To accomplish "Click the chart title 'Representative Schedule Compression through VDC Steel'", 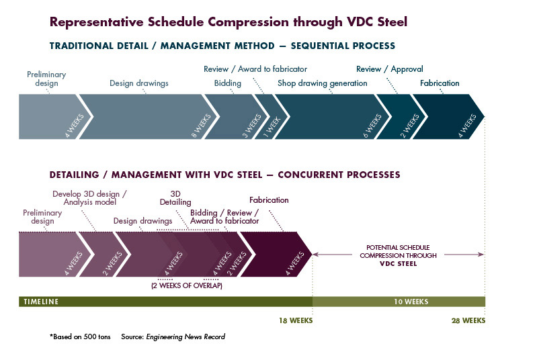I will click(229, 22).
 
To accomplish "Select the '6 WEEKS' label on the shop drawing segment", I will click(374, 125).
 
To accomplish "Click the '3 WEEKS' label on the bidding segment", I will click(252, 125).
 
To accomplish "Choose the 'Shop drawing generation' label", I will click(323, 83).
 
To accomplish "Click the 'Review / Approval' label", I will click(390, 69).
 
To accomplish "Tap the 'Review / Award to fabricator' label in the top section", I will click(255, 69).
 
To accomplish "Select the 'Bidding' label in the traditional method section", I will click(227, 83).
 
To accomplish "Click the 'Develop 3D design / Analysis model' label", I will click(89, 197).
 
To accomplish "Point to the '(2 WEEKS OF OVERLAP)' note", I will click(186, 285).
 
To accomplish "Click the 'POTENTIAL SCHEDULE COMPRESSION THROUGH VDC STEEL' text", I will click(398, 255).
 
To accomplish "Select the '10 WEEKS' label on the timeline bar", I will click(411, 302).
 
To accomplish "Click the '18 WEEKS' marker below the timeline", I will click(296, 320).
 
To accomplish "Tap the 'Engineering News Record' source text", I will click(185, 336).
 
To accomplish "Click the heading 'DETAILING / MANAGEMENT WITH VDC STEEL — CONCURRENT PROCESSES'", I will click(224, 175).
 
